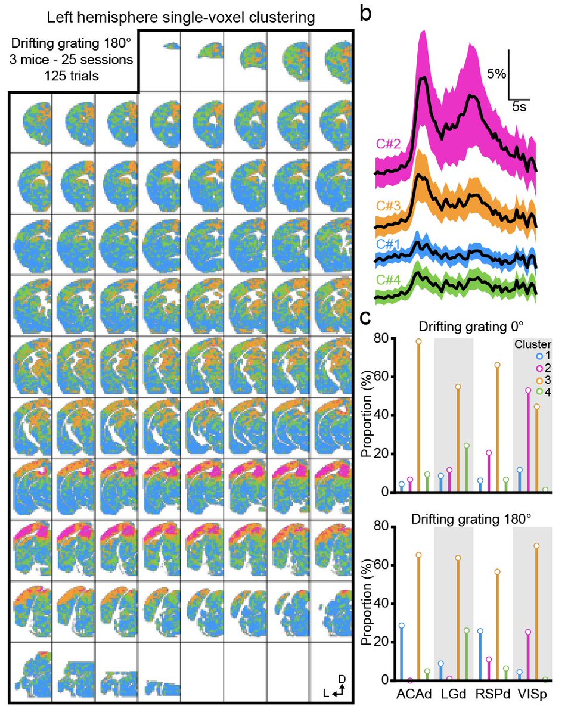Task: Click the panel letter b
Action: pyautogui.click(x=368, y=13)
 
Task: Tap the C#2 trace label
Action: pyautogui.click(x=387, y=144)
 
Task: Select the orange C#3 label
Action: pyautogui.click(x=387, y=206)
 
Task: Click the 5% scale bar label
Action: pyautogui.click(x=495, y=74)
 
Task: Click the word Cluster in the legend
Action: pyautogui.click(x=532, y=344)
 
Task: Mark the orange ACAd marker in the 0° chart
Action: pyautogui.click(x=418, y=341)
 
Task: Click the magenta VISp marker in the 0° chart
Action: pyautogui.click(x=529, y=390)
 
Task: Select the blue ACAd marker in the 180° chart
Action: pyautogui.click(x=401, y=626)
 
